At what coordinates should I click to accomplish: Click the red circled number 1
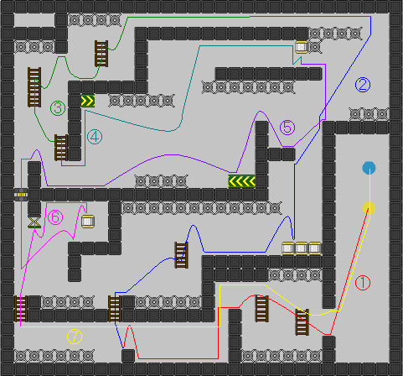click(x=363, y=283)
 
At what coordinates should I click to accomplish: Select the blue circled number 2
click(x=363, y=85)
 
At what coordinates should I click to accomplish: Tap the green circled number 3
click(x=58, y=108)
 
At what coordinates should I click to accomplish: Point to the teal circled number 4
click(x=95, y=137)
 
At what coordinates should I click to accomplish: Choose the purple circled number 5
click(x=287, y=128)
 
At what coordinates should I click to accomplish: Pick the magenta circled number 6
click(x=55, y=217)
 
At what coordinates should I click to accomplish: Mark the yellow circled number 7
click(x=75, y=337)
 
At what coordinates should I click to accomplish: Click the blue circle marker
click(x=369, y=168)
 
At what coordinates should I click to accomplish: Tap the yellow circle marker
click(x=369, y=208)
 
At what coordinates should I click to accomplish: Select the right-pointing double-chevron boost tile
click(x=88, y=101)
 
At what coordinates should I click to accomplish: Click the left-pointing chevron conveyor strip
click(x=241, y=181)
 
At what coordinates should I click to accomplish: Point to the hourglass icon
click(x=34, y=222)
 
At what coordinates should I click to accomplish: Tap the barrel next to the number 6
click(x=88, y=222)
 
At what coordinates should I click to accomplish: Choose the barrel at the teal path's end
click(x=302, y=47)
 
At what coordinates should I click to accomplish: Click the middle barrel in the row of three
click(x=302, y=248)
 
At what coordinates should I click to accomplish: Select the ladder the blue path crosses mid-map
click(x=181, y=255)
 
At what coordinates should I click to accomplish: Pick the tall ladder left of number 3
click(x=34, y=87)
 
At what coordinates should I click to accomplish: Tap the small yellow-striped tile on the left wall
click(x=21, y=195)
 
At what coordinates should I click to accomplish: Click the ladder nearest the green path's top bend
click(x=101, y=54)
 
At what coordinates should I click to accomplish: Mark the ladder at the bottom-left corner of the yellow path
click(x=21, y=309)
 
